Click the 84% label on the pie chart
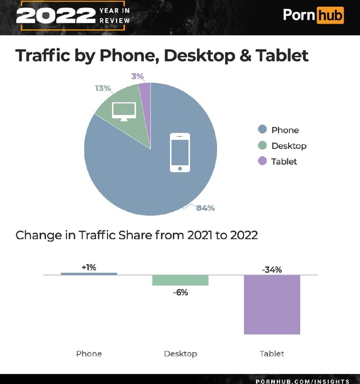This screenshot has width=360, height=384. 205,208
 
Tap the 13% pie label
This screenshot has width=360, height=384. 103,88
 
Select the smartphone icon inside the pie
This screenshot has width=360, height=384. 180,152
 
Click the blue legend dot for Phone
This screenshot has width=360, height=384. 262,130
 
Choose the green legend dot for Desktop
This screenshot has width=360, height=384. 262,146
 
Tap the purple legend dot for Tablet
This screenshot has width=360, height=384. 262,161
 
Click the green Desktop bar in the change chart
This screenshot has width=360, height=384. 180,280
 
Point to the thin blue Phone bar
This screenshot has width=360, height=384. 89,274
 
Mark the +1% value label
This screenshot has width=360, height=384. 89,267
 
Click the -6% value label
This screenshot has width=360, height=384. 180,292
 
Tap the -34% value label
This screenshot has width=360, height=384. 272,269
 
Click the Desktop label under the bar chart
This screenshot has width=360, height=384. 180,354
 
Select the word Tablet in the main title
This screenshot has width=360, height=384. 282,55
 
